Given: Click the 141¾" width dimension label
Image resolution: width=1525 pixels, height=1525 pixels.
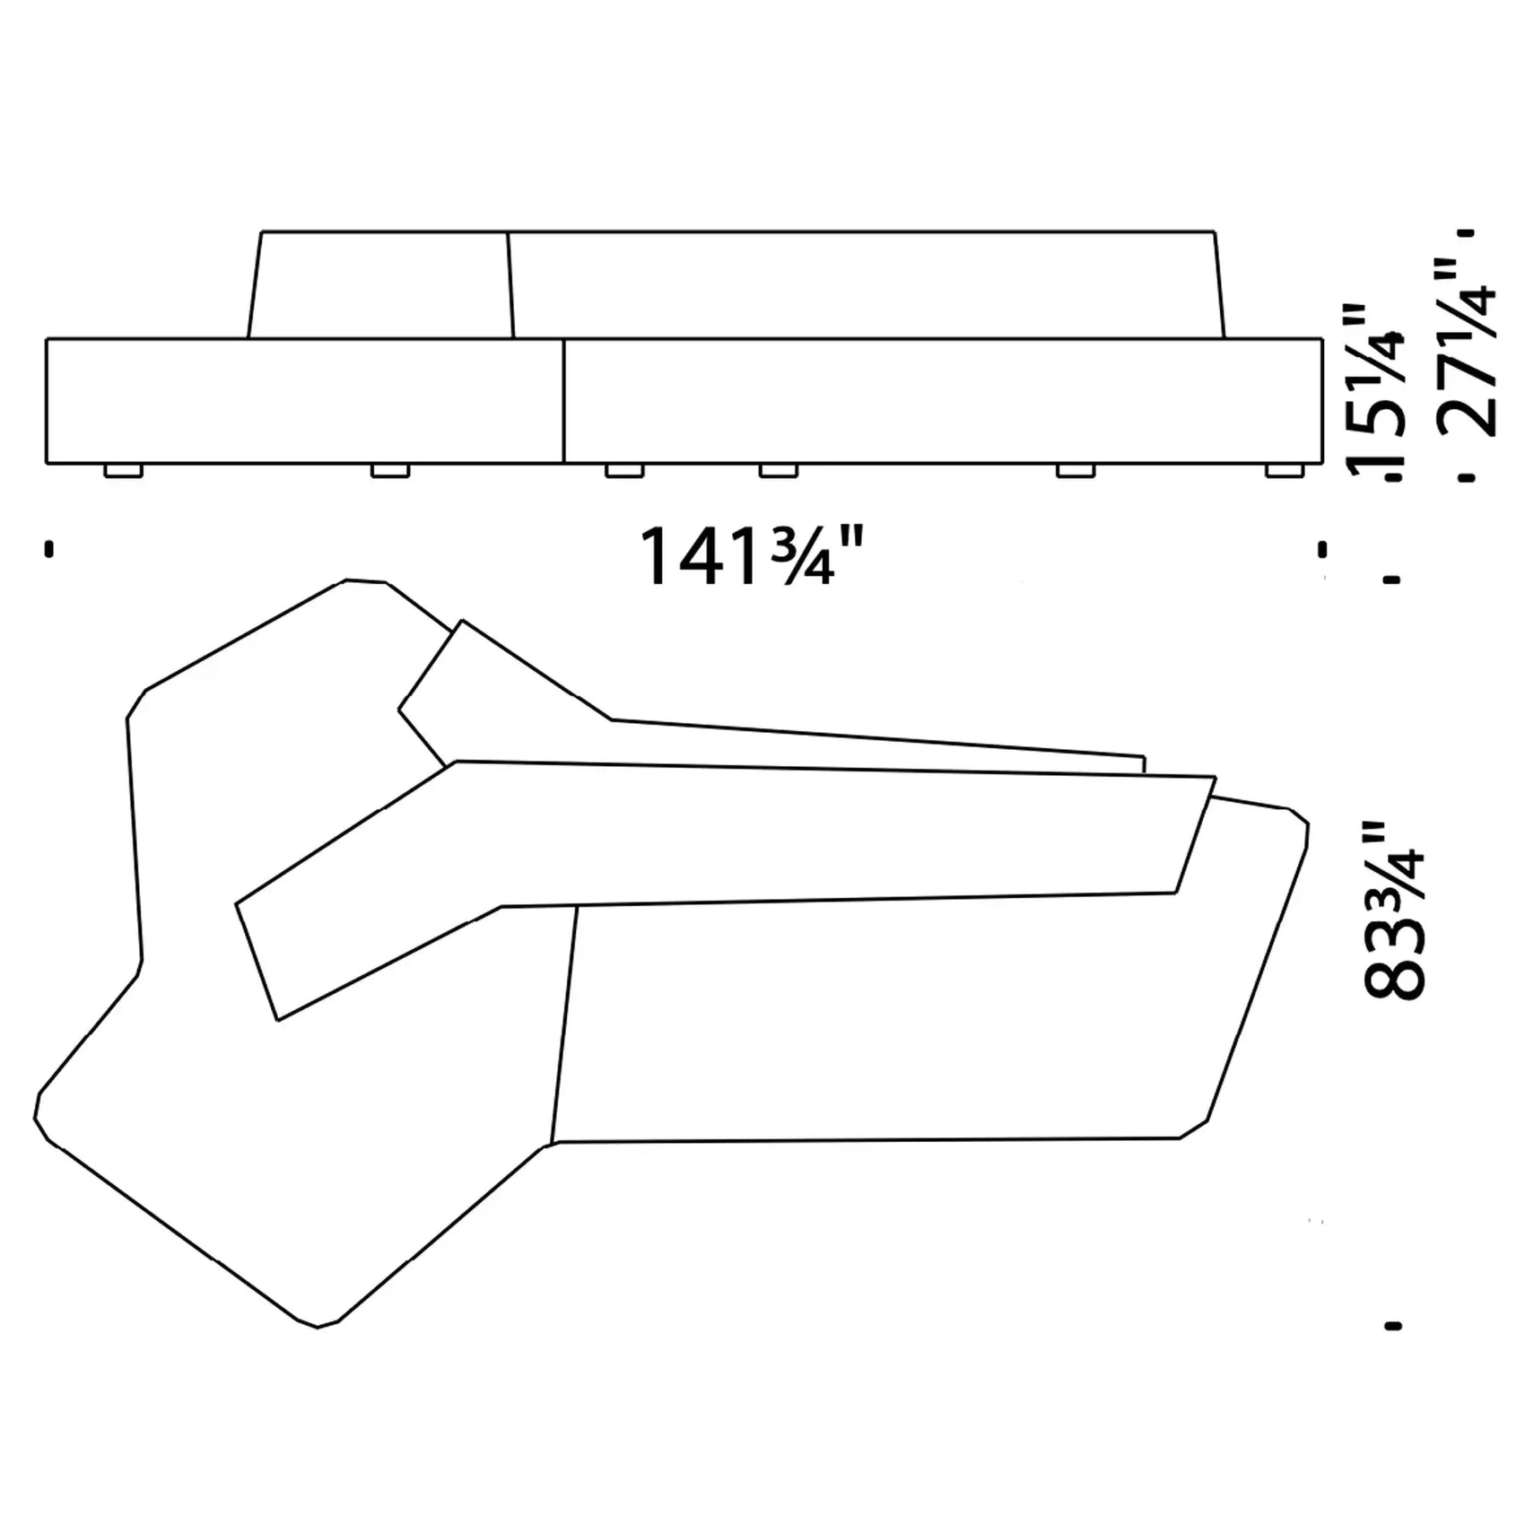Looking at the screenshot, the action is [751, 557].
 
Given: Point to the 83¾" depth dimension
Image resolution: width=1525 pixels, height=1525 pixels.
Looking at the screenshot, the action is [1393, 910].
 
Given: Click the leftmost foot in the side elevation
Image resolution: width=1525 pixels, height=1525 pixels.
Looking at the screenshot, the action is [123, 470].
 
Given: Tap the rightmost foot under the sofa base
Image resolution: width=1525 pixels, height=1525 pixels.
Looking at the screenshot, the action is [1285, 470].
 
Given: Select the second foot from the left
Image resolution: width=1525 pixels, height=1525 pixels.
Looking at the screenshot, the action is [390, 470].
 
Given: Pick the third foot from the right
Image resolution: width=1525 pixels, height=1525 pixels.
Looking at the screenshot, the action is [779, 470].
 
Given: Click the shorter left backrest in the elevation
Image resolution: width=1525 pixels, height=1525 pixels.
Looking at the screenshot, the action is [380, 285].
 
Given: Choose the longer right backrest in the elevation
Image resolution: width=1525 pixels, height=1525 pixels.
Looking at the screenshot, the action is [866, 285].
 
